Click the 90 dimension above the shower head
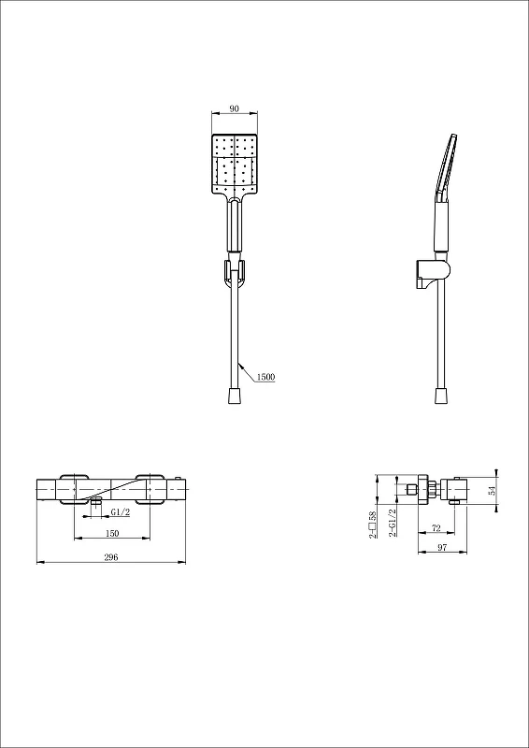(x=235, y=108)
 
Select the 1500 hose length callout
(x=265, y=377)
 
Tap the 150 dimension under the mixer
(x=112, y=533)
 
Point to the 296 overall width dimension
(x=110, y=557)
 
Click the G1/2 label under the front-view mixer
(x=121, y=511)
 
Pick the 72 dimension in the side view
(x=436, y=528)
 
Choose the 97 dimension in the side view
(x=442, y=548)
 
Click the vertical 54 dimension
(x=492, y=490)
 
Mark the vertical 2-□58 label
(x=373, y=525)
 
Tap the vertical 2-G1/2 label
(x=393, y=523)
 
